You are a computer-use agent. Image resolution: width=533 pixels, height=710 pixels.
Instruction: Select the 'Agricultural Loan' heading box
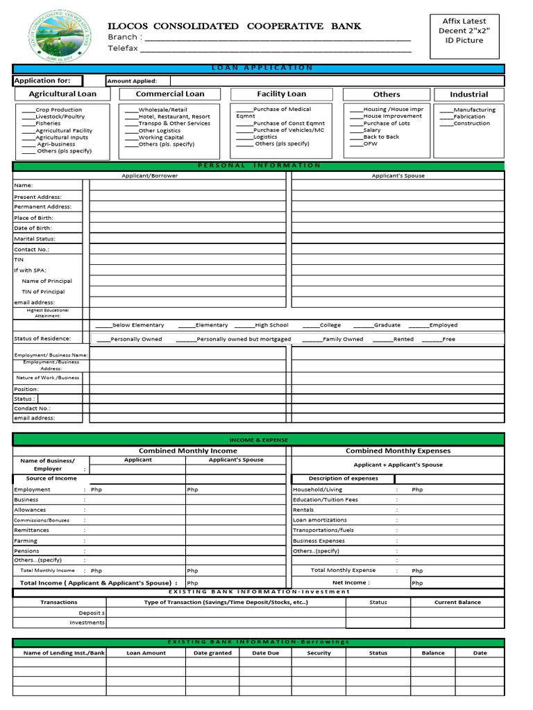[62, 94]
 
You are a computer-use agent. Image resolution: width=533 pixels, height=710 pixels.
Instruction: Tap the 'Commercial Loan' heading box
[170, 94]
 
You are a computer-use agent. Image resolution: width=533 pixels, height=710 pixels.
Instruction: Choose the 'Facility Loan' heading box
[281, 94]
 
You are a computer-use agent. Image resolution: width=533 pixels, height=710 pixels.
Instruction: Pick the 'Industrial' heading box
[468, 94]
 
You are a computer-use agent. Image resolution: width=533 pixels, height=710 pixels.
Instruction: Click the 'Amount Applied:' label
[132, 81]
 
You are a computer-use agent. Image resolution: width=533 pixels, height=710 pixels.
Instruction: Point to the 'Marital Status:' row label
[35, 239]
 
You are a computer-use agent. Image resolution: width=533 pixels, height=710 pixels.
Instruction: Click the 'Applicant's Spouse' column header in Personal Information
[398, 175]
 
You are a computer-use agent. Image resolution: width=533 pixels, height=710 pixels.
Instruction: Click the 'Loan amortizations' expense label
[319, 519]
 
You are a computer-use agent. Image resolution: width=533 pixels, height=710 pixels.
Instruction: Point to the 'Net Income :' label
[350, 582]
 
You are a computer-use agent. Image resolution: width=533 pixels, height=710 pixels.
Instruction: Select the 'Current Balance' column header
[457, 602]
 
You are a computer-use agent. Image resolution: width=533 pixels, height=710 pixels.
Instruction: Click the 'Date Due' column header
[265, 652]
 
